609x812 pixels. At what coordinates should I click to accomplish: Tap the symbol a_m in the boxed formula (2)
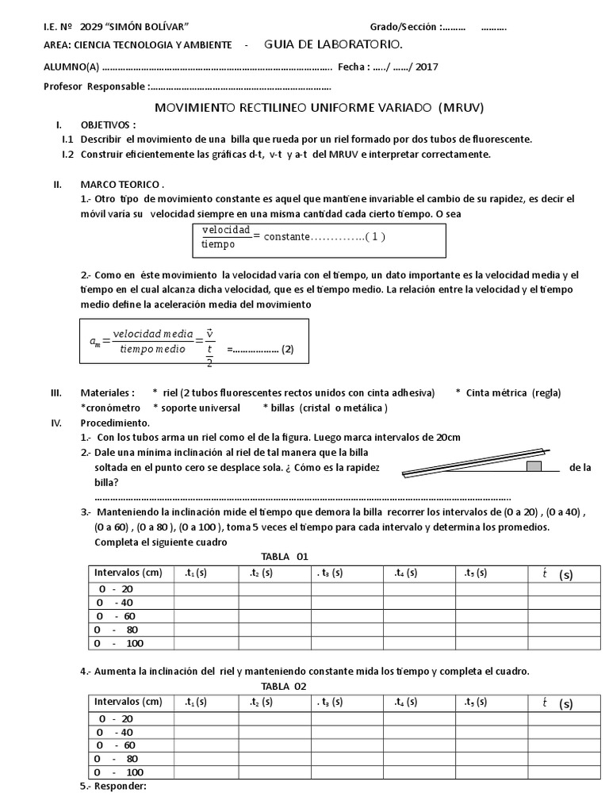96,340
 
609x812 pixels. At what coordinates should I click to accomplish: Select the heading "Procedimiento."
114,423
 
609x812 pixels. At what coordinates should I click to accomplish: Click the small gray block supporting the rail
534,466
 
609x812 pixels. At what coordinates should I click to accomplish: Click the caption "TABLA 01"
283,557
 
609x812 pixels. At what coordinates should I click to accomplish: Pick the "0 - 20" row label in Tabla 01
117,589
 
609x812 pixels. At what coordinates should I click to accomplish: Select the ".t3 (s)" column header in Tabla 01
328,573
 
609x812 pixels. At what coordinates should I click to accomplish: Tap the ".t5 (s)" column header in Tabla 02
471,702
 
